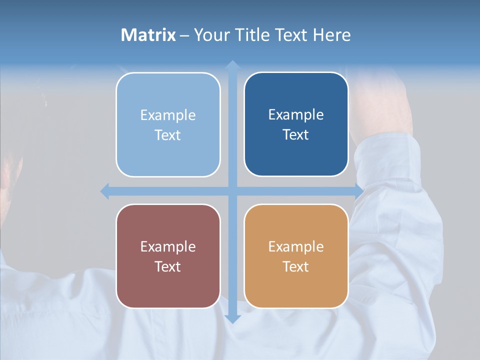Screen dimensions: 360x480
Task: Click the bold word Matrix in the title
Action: point(148,35)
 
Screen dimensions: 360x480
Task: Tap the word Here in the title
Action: point(331,35)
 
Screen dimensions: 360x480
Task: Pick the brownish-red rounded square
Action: point(168,285)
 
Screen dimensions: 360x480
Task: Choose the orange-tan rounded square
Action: point(296,285)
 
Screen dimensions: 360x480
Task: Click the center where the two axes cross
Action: point(232,191)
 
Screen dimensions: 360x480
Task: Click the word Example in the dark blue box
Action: point(296,115)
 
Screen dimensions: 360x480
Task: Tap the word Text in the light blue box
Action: point(167,135)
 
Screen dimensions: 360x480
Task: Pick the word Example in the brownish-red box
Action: point(168,246)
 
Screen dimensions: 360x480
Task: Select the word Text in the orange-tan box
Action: point(296,267)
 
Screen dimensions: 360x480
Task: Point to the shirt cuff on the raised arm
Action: point(390,155)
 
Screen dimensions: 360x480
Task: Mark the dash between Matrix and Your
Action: point(184,35)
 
